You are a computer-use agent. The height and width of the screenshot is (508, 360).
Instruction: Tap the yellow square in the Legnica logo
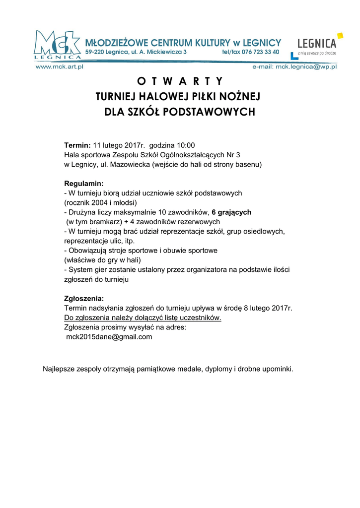coord(340,36)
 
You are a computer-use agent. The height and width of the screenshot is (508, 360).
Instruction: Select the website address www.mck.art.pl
coord(59,66)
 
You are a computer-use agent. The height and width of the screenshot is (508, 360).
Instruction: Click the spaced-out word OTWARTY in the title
coord(180,81)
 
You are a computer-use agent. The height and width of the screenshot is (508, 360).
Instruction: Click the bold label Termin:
coord(77,145)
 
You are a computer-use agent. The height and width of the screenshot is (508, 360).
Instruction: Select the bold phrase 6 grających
coord(231,212)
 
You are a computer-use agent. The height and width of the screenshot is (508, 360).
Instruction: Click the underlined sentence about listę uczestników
coord(143,318)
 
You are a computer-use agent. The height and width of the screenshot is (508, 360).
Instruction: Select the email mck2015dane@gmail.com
coord(109,337)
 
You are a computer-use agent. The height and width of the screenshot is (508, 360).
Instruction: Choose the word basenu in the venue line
coord(249,164)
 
